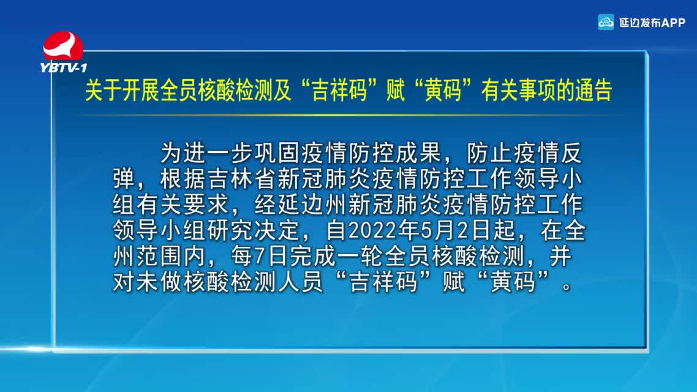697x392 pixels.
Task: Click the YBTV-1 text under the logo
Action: [x=64, y=67]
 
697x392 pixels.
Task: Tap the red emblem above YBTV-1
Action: [x=63, y=46]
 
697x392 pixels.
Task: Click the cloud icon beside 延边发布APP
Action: [x=605, y=22]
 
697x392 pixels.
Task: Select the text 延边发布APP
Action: [x=652, y=22]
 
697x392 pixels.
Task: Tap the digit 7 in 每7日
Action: [x=260, y=256]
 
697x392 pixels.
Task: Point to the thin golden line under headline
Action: [x=350, y=115]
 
